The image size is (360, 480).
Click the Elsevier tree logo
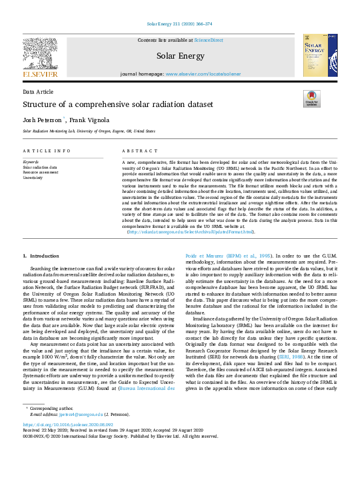40,53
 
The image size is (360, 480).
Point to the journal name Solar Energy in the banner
179,56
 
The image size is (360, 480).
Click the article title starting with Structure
118,105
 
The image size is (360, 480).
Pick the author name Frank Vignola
90,120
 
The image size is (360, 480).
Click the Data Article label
37,91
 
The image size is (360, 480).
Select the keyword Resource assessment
41,172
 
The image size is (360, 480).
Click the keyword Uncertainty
33,178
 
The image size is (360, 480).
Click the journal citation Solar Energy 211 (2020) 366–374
180,24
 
